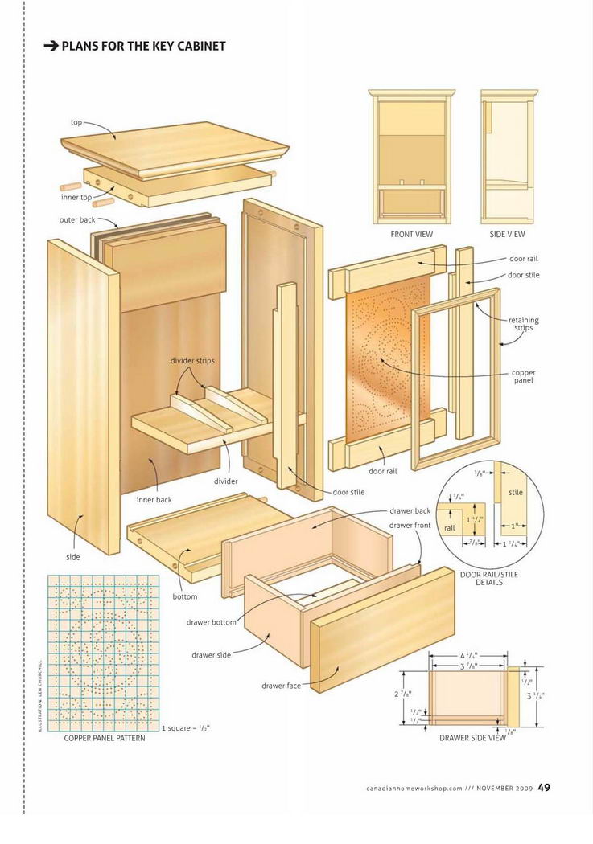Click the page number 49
click(544, 787)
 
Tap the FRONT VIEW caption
click(411, 234)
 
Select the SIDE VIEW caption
click(507, 234)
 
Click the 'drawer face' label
click(281, 686)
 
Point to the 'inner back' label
click(154, 499)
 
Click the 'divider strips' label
click(192, 361)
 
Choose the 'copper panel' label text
click(524, 376)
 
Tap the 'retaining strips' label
click(524, 323)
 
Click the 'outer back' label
click(77, 219)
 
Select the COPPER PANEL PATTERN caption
click(105, 738)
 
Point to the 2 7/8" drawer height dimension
click(403, 694)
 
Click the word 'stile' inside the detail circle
click(516, 492)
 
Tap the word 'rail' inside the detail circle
click(450, 528)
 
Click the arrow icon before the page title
click(51, 47)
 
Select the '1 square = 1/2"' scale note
click(185, 727)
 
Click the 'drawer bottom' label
click(211, 622)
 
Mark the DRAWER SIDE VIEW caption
click(472, 738)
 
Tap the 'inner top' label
click(76, 197)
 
